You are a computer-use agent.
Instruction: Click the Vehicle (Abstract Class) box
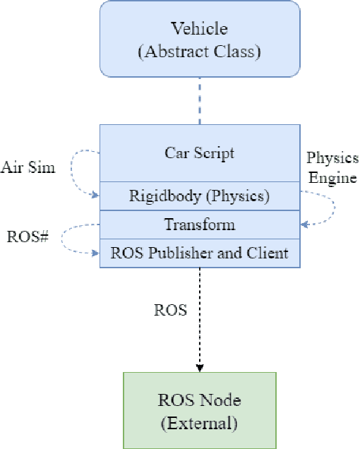coord(200,39)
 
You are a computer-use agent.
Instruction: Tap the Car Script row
coord(200,153)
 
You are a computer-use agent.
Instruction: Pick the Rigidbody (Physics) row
coord(200,196)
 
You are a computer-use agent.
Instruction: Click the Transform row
coord(200,225)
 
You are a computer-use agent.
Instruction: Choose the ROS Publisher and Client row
coord(200,253)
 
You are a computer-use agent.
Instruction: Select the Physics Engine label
coord(332,167)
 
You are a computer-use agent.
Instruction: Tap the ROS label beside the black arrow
coord(170,309)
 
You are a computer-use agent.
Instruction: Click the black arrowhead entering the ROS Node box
coord(200,368)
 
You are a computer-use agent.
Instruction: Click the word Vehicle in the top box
coord(200,29)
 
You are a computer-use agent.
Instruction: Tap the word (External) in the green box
coord(200,424)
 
